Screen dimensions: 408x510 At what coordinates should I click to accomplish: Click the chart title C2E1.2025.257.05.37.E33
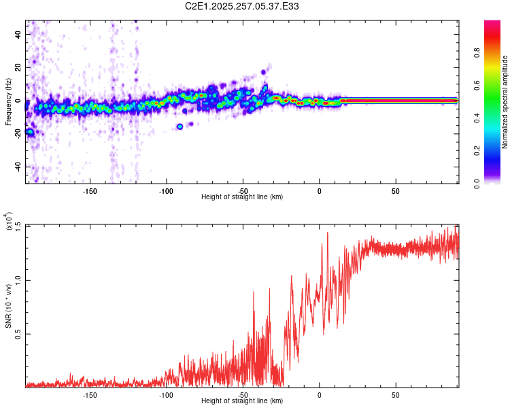242,6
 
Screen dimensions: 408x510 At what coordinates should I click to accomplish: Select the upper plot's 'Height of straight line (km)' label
242,197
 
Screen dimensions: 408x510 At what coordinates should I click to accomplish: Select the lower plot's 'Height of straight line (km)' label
242,401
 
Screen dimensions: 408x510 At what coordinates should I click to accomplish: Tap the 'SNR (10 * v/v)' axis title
8,306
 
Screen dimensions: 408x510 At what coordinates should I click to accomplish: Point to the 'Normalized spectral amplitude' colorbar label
505,102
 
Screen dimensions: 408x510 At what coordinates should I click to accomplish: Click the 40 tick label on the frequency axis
18,34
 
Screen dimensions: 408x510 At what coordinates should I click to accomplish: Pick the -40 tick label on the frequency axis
17,167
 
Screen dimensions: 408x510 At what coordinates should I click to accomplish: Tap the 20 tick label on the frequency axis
18,67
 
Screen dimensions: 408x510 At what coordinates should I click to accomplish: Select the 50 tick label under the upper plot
395,190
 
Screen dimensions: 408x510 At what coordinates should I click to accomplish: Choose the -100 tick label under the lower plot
166,394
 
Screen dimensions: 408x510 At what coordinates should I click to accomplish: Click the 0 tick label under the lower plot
319,394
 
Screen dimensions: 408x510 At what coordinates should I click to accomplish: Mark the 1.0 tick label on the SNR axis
18,279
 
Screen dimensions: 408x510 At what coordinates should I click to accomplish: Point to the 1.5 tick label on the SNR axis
18,225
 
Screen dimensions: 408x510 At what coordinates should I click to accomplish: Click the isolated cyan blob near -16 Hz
180,126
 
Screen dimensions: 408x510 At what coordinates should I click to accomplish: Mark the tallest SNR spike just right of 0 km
328,233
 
